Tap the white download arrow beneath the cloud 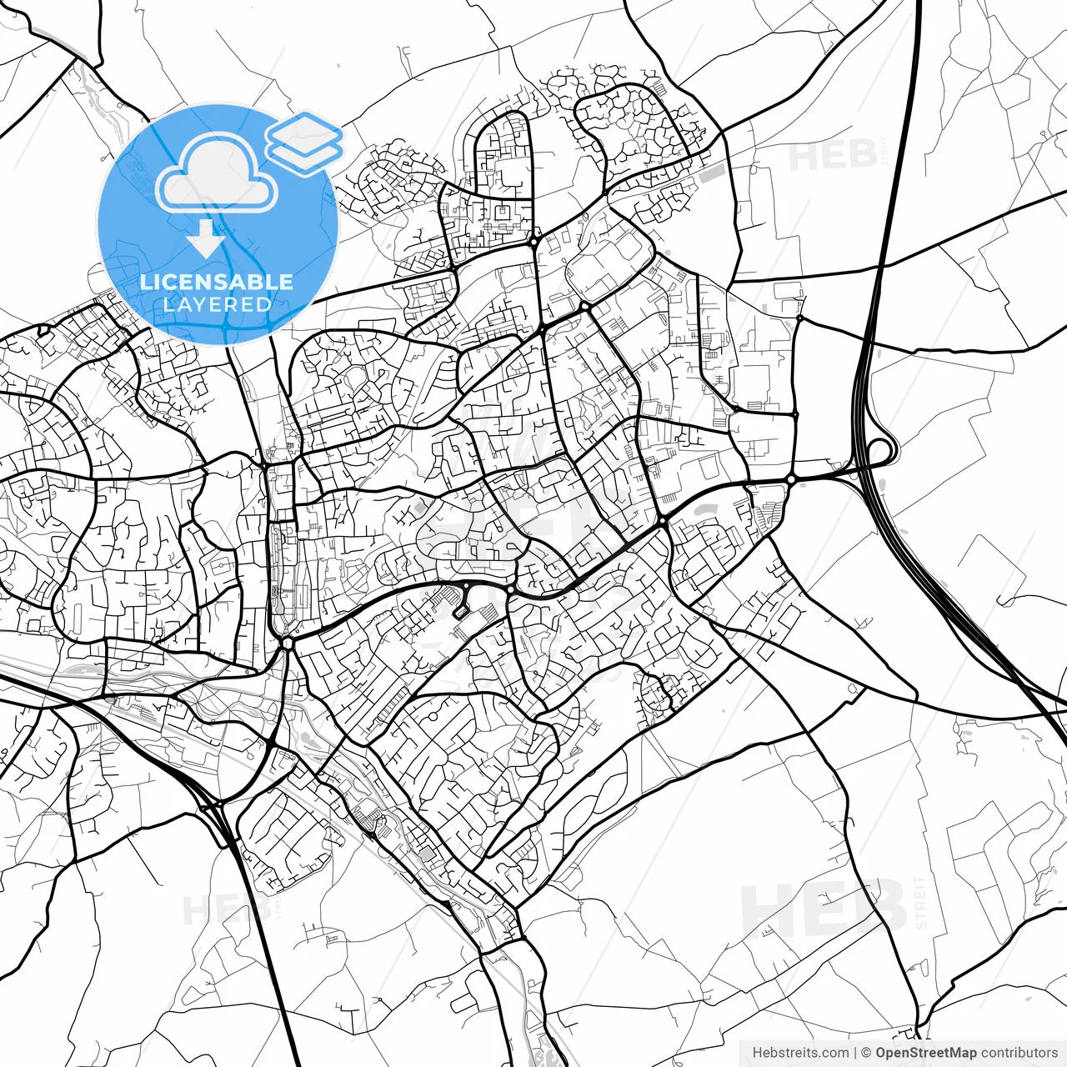click(x=206, y=239)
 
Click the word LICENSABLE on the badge click(x=216, y=283)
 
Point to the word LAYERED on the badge click(x=217, y=304)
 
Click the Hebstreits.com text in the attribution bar click(x=800, y=1053)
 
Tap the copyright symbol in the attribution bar click(x=867, y=1053)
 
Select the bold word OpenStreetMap click(x=926, y=1053)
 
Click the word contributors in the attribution click(x=1019, y=1053)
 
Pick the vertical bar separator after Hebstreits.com click(x=856, y=1053)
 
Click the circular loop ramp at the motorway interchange click(x=880, y=452)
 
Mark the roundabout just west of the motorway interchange click(x=790, y=479)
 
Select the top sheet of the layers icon click(x=304, y=131)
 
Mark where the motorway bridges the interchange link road click(x=859, y=470)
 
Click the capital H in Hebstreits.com click(x=757, y=1053)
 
